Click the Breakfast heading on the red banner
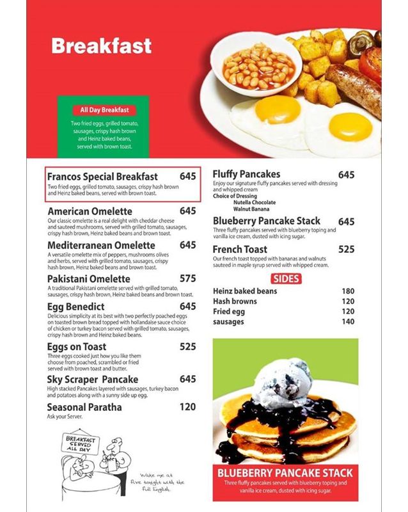101,46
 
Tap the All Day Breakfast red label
104,110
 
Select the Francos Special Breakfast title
102,176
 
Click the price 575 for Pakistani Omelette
188,279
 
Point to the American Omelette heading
90,211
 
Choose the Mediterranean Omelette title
101,245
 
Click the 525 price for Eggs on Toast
188,347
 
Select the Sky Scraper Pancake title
93,380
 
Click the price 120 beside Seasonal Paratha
188,407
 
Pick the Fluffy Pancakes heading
246,174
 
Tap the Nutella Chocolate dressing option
255,202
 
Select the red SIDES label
286,278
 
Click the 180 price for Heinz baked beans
348,291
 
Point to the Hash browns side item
235,301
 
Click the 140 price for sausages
348,322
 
